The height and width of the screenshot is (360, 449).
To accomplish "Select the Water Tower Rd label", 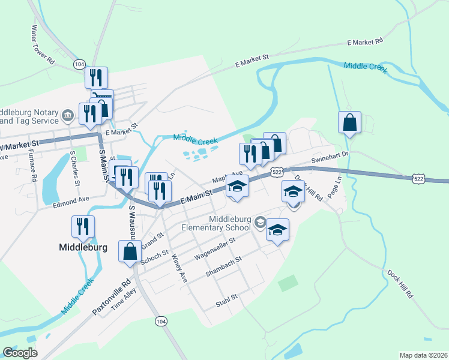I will point(43,45).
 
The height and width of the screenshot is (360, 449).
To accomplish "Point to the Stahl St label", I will point(226,296).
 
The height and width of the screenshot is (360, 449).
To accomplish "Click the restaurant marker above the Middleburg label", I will point(82,227).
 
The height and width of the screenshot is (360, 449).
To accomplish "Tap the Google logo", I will point(20,353).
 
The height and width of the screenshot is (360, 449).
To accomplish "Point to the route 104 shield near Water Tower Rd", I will point(79,63).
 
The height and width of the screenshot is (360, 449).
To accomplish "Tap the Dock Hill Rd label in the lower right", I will point(399,284).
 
